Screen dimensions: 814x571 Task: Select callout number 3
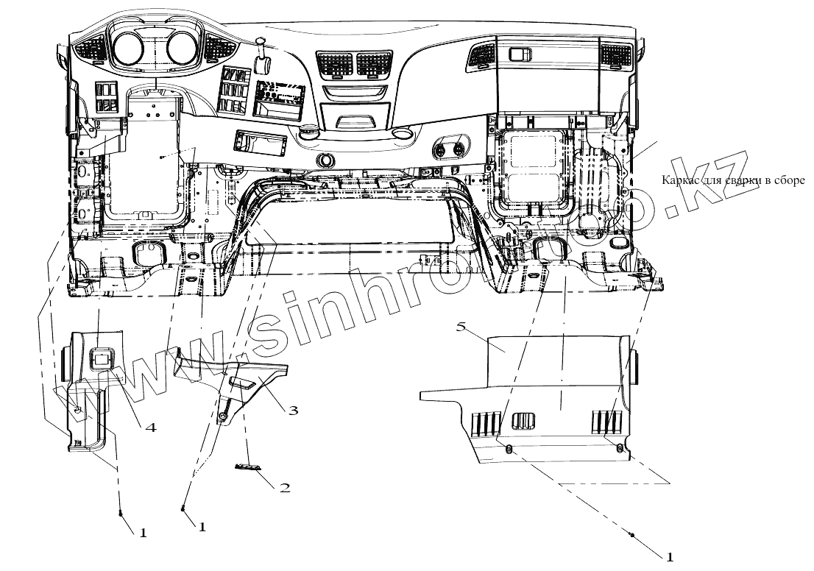[293, 410]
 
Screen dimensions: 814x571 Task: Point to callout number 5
[461, 327]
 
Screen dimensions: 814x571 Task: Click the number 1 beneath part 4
[143, 533]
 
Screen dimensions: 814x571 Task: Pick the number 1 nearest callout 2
[201, 527]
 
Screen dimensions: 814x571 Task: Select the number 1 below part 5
[670, 556]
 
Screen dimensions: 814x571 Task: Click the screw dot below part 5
[632, 535]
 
